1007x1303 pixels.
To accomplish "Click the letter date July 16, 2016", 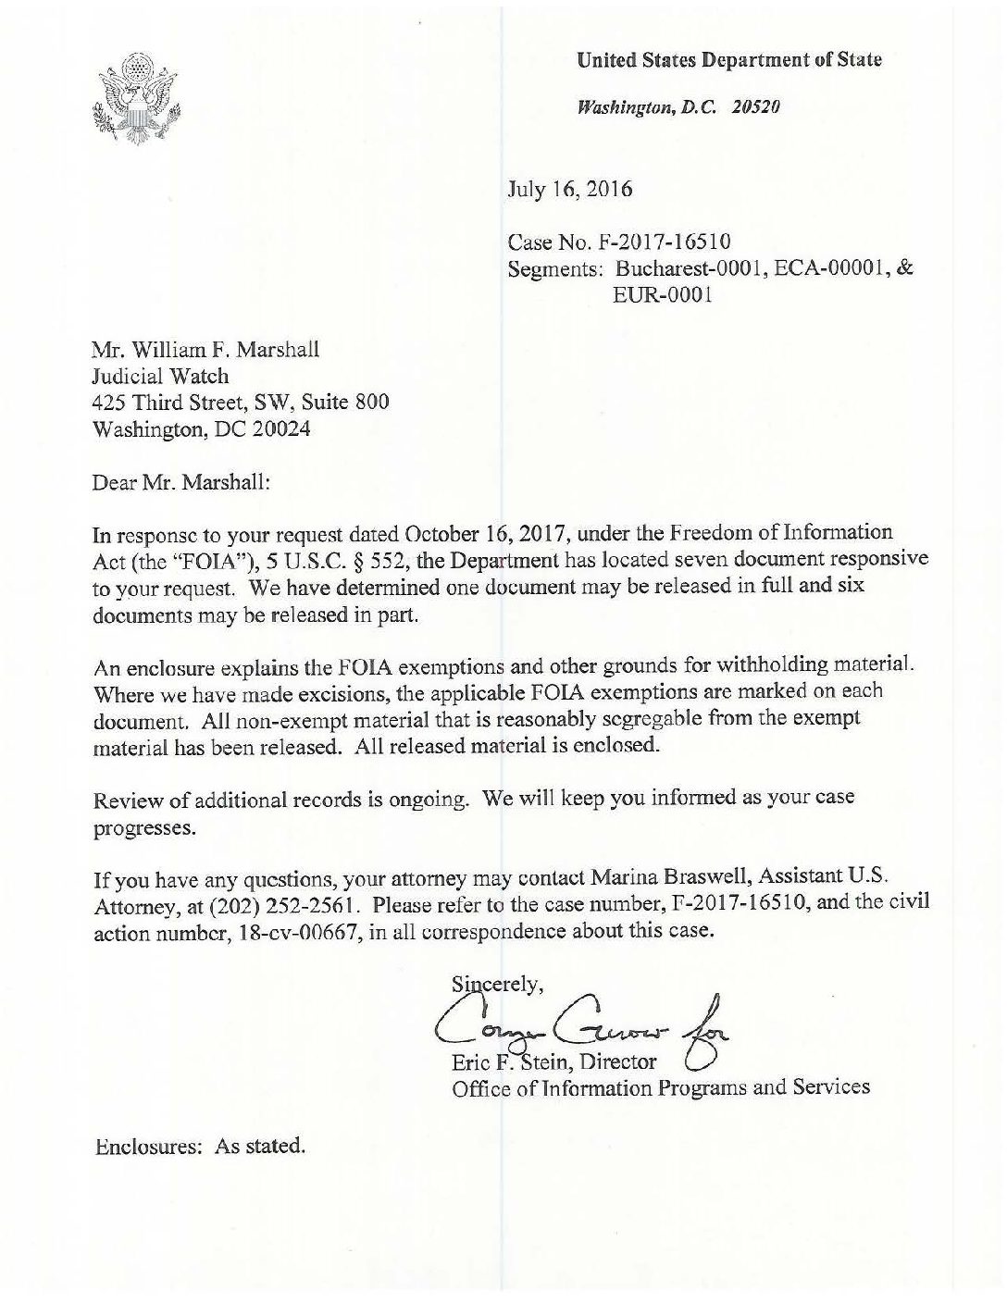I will coord(569,190).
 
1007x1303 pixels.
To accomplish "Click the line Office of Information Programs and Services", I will coord(660,1087).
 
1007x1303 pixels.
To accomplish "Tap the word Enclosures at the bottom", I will coord(148,1147).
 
